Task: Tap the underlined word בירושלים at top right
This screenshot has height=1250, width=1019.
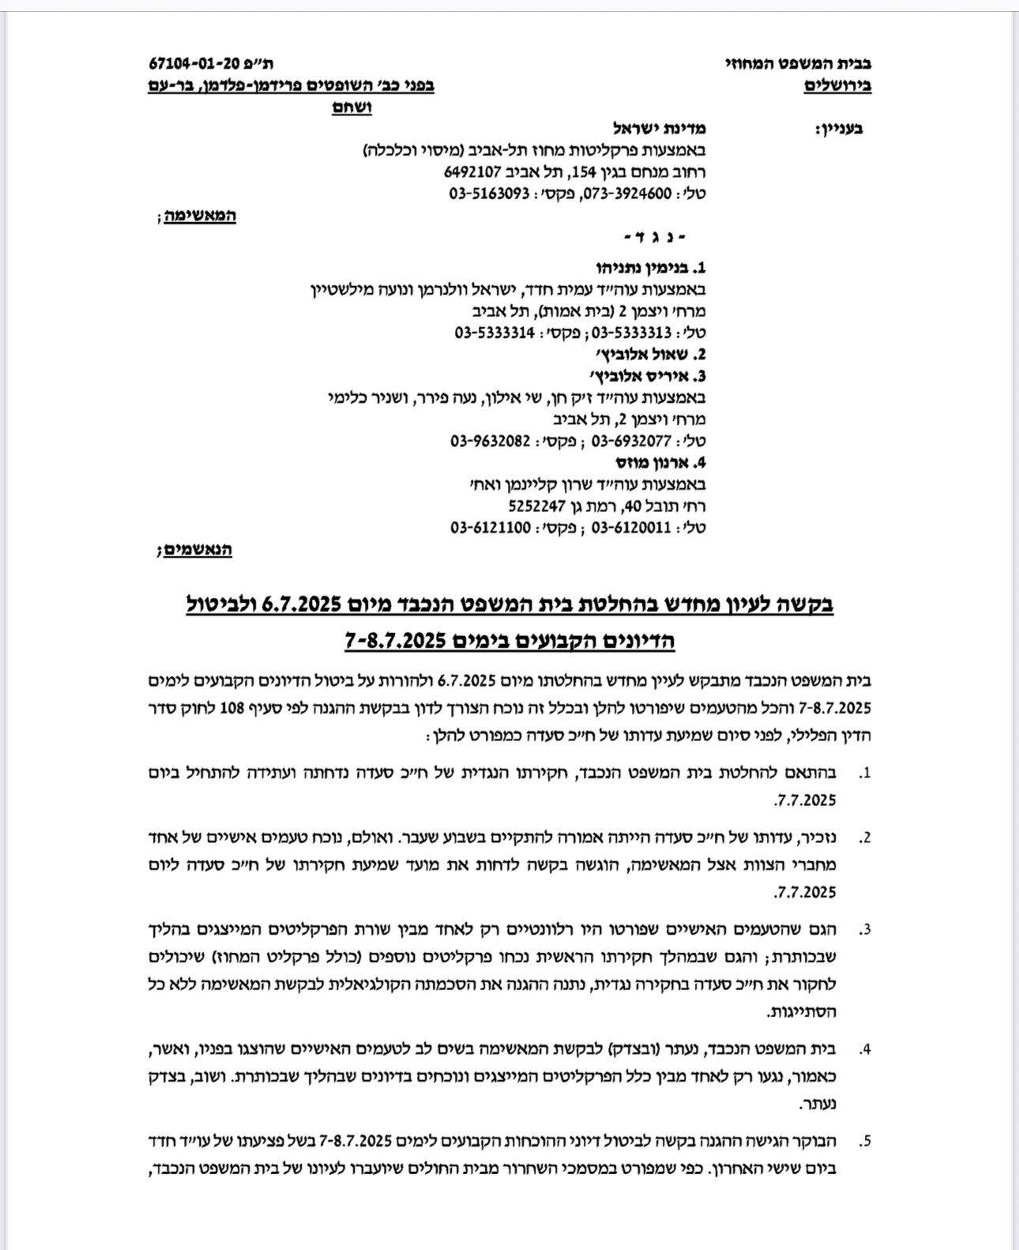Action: (838, 85)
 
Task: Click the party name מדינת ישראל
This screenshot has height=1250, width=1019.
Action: (660, 128)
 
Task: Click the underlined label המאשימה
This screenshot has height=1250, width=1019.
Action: (201, 215)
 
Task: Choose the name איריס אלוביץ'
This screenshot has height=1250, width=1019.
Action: (649, 376)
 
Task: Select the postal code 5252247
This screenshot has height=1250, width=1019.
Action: (538, 505)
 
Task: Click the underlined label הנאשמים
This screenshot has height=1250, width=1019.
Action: (198, 549)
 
